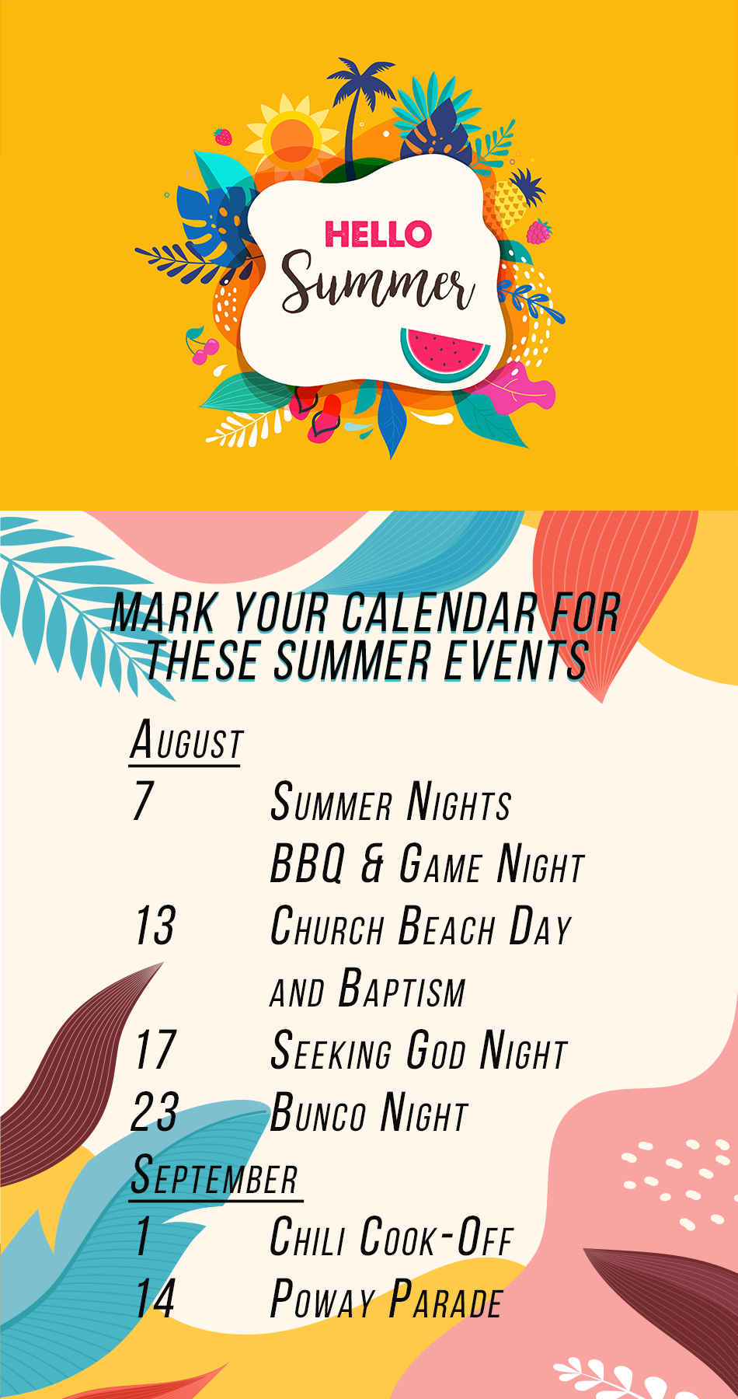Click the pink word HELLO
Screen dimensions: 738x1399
click(378, 234)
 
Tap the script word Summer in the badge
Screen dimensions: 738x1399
click(378, 283)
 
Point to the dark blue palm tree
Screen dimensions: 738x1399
click(359, 109)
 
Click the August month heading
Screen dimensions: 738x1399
click(186, 740)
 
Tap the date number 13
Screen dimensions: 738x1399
click(155, 925)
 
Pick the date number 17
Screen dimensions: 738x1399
click(155, 1049)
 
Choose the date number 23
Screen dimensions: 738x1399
click(155, 1111)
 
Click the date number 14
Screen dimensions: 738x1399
click(155, 1298)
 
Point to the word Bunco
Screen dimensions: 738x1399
click(318, 1112)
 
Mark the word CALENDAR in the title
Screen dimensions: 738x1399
click(440, 612)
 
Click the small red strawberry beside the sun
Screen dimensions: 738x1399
click(223, 137)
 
